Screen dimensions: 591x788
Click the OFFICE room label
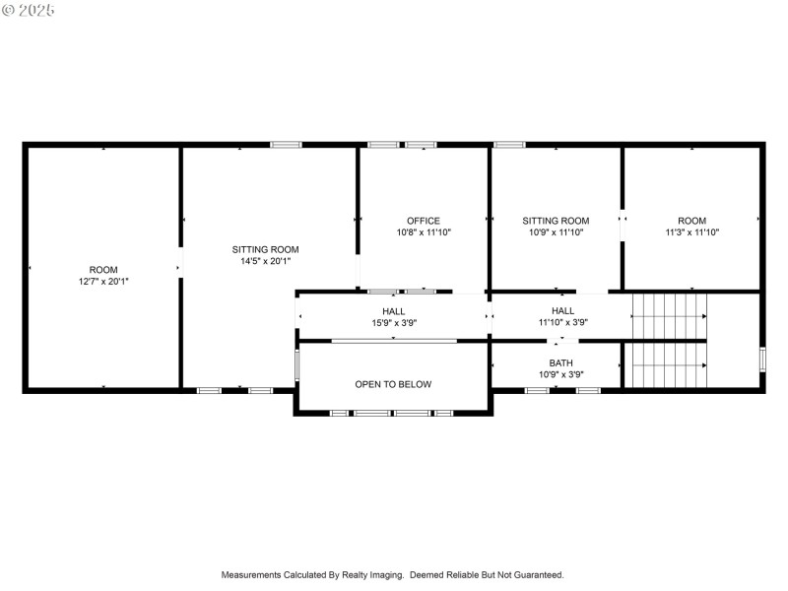[x=424, y=221]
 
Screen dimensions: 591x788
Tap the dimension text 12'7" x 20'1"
[x=103, y=282]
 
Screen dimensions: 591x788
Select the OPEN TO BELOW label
[x=393, y=384]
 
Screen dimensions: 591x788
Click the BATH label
[x=560, y=362]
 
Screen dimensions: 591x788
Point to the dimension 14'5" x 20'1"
[x=265, y=261]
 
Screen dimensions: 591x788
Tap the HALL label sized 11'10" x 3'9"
[x=563, y=311]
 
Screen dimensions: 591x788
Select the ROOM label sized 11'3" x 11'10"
[x=691, y=221]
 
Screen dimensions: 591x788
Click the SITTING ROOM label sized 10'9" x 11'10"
[x=556, y=221]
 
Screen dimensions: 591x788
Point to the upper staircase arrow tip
[x=705, y=316]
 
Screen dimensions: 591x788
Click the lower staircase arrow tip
[x=705, y=364]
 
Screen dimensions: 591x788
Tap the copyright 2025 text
[x=29, y=10]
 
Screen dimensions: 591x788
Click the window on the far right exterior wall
[x=762, y=359]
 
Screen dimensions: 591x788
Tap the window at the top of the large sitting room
[x=286, y=146]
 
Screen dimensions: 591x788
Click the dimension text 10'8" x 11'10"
[x=424, y=232]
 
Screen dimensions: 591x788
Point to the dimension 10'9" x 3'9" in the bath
[x=560, y=374]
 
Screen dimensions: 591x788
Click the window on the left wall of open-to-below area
[x=296, y=365]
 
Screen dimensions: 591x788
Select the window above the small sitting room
[x=509, y=146]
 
